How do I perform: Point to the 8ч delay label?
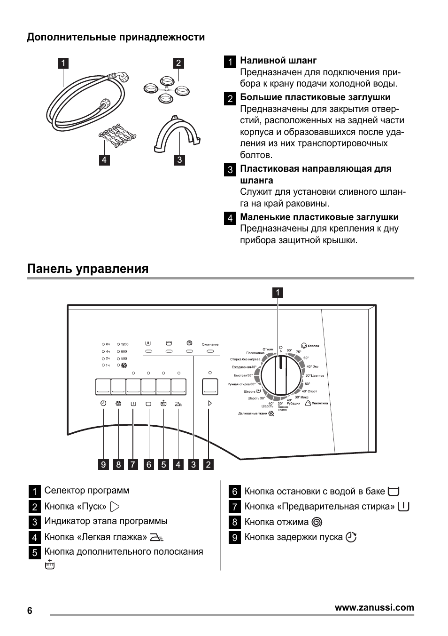(108, 344)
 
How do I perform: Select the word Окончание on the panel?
(210, 344)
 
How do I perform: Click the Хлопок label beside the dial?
(313, 346)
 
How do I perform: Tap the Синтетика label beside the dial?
(319, 403)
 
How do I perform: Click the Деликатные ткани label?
(253, 413)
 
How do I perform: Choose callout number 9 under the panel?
(104, 465)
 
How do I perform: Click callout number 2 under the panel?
(209, 465)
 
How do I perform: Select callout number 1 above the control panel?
(278, 293)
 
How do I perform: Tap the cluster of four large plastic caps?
(166, 88)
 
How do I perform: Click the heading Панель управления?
(88, 269)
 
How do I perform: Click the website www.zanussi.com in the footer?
(374, 607)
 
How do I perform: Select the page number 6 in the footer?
(30, 611)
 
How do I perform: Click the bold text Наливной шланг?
(278, 60)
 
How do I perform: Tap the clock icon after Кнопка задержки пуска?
(351, 537)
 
